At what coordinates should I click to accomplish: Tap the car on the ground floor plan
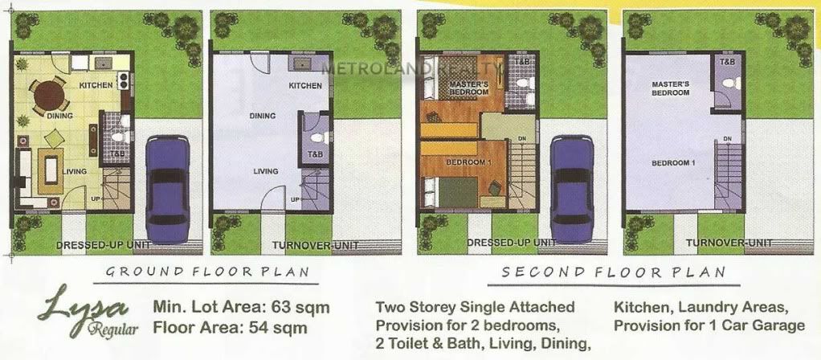point(168,189)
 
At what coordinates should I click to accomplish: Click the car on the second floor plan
point(572,189)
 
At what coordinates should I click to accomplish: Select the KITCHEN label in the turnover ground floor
point(305,85)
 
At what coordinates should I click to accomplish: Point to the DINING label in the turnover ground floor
point(263,116)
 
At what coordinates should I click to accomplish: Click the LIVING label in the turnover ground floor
point(266,171)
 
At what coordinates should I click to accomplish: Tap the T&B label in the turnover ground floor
point(315,154)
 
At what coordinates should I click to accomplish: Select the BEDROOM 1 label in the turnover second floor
point(673,163)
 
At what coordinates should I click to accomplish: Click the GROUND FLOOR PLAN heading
point(207,272)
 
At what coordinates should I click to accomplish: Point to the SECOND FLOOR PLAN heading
point(614,272)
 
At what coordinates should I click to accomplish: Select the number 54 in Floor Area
point(265,329)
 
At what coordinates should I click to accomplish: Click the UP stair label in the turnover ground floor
point(296,199)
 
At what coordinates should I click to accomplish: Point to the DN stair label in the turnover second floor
point(727,138)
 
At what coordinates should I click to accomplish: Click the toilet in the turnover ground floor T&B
point(318,138)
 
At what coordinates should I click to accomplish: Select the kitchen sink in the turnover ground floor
point(301,64)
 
